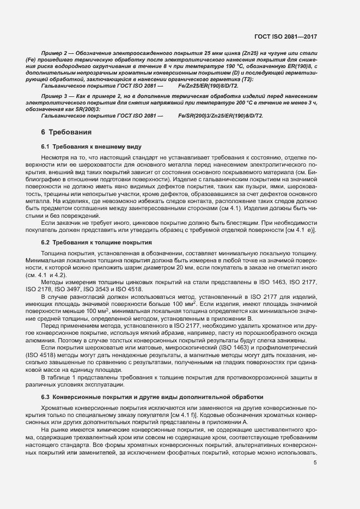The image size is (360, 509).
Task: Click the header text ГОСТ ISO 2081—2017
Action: click(x=285, y=37)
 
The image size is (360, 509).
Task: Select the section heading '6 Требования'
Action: click(x=62, y=132)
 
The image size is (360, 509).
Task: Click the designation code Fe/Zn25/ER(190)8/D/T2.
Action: click(x=208, y=86)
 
